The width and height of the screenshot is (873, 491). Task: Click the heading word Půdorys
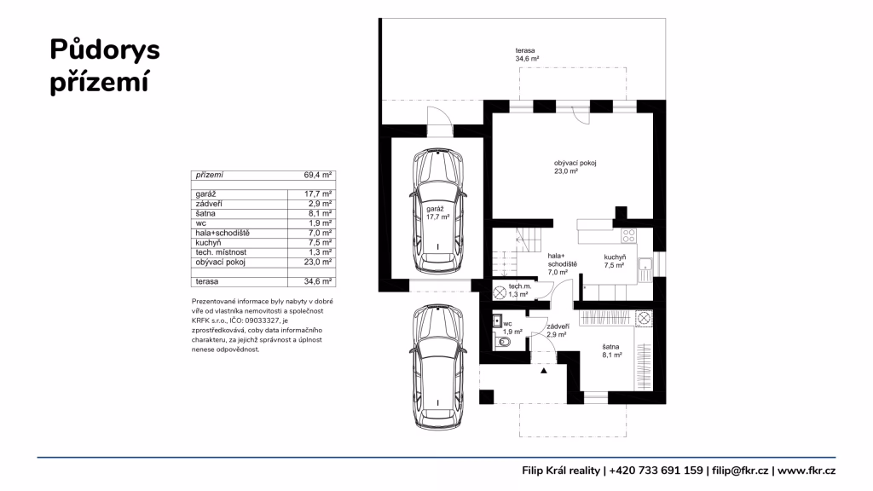105,50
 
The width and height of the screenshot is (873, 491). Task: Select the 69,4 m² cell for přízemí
317,175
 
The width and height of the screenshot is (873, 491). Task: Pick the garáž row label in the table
205,194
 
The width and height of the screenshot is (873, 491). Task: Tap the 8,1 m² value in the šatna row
321,213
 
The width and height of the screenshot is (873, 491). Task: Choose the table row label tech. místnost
221,252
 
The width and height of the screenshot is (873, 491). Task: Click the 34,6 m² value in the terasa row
317,281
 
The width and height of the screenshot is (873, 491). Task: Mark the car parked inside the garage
438,211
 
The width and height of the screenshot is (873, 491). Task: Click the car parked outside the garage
438,367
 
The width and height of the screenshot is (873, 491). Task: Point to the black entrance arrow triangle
543,370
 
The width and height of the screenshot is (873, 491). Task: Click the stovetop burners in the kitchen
629,236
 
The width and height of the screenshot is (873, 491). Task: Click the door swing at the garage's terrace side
440,118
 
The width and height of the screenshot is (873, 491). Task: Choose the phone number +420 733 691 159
656,471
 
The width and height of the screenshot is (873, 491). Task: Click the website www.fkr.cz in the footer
807,471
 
